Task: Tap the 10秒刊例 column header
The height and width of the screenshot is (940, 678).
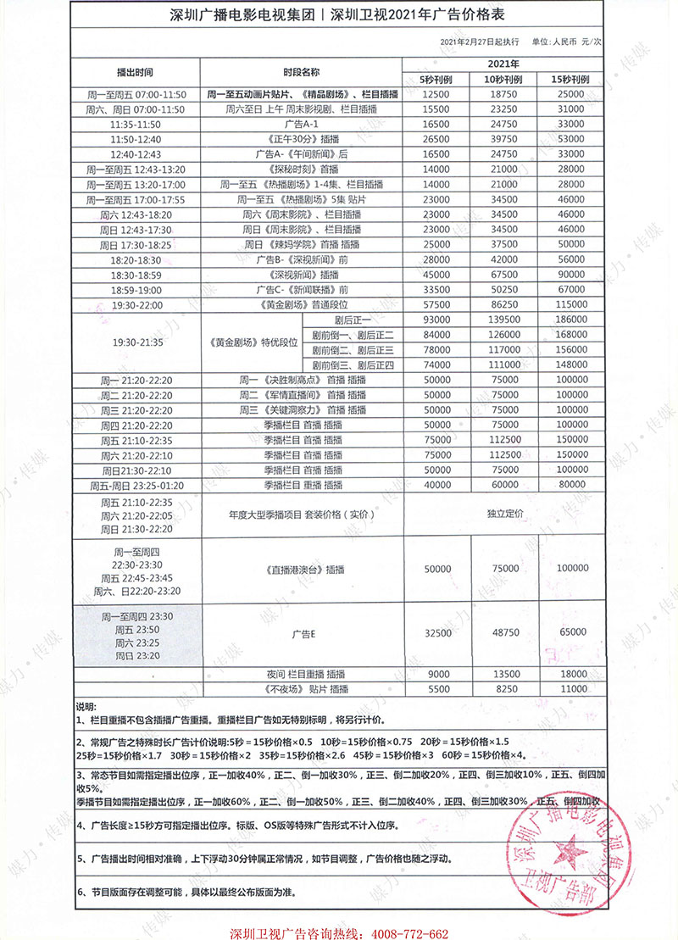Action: (503, 79)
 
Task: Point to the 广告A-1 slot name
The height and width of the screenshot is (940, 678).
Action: (301, 124)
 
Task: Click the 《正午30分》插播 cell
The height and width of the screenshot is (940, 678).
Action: (301, 138)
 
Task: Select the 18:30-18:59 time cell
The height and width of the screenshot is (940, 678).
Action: (136, 275)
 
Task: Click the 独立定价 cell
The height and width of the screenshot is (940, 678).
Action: (503, 514)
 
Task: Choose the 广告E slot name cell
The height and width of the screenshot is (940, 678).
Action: (301, 633)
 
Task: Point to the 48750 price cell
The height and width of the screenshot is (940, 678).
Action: (503, 633)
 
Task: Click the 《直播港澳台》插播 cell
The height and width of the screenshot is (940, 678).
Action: (301, 569)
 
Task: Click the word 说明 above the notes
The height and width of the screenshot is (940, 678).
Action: (87, 705)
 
